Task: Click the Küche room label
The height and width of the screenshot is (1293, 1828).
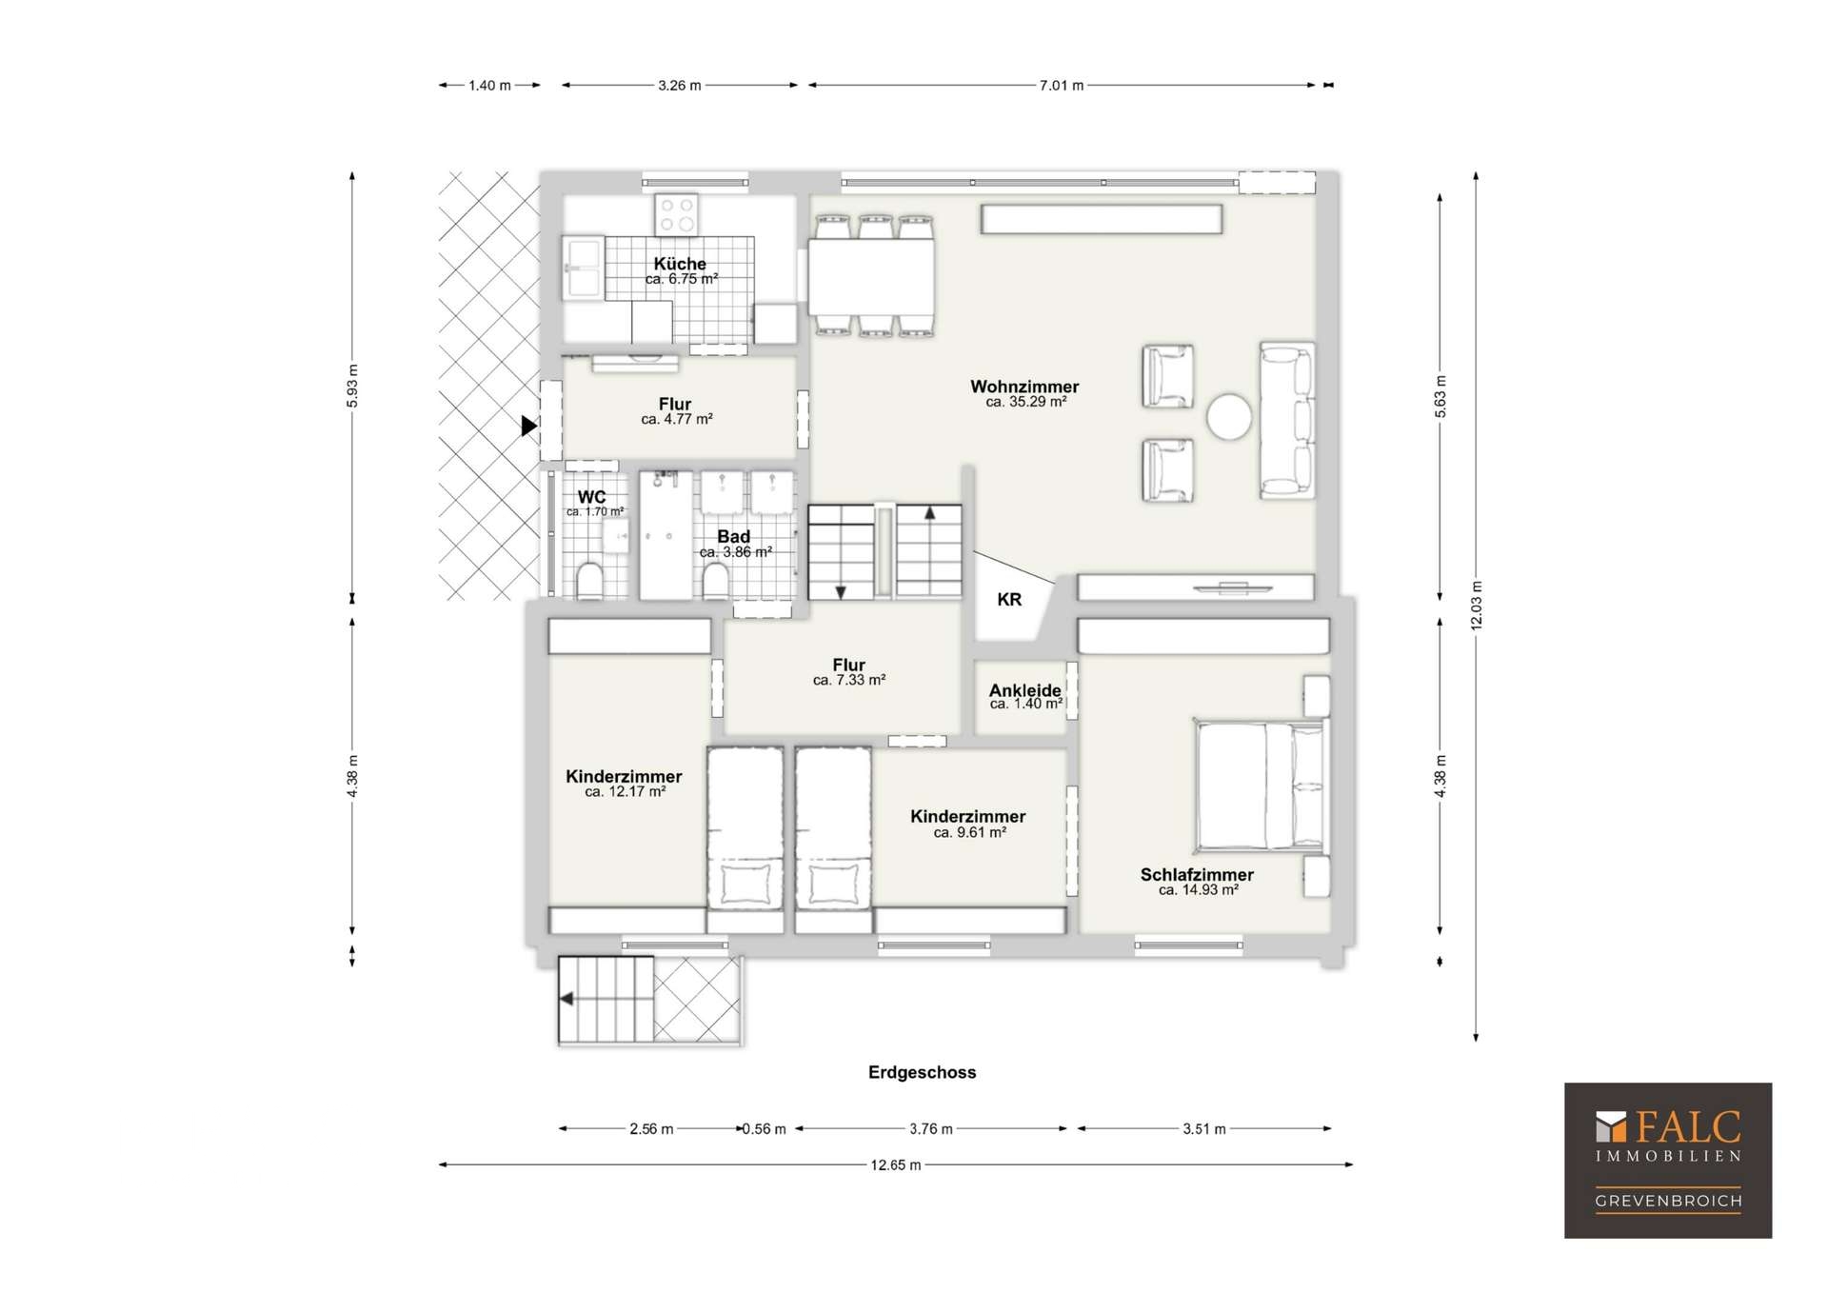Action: point(680,264)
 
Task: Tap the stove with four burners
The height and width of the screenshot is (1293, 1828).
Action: point(677,214)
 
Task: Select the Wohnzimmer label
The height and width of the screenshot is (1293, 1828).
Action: point(1024,387)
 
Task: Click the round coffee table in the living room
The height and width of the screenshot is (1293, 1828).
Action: point(1229,417)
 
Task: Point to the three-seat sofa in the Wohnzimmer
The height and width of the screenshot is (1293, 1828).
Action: point(1287,421)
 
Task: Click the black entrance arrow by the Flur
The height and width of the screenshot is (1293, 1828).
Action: point(529,427)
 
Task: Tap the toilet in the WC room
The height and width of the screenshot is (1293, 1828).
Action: point(590,581)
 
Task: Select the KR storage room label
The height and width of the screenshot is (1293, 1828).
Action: point(1009,600)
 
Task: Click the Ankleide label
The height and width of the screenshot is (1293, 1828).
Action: point(1025,690)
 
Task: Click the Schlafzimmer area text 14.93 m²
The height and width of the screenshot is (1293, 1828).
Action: point(1199,890)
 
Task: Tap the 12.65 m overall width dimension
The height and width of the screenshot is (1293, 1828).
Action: point(896,1164)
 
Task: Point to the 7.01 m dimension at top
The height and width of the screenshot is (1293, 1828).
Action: point(1062,86)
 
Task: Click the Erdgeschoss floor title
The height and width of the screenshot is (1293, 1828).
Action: point(923,1072)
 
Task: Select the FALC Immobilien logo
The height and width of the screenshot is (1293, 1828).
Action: point(1668,1161)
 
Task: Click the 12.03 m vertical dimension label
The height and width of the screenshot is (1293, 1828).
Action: point(1477,606)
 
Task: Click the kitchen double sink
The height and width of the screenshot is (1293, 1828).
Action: point(582,269)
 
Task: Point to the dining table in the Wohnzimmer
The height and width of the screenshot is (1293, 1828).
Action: point(871,276)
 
